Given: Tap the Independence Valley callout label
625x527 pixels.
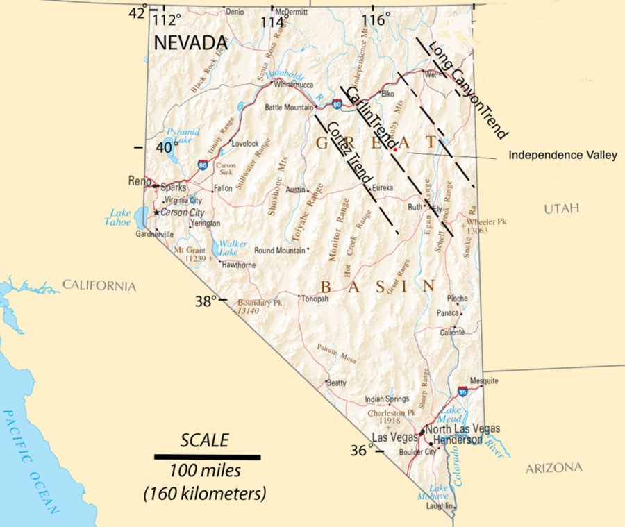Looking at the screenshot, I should tap(562, 156).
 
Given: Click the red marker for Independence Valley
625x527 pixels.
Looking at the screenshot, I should tap(394, 149).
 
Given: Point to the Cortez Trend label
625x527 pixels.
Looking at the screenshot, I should tap(346, 151).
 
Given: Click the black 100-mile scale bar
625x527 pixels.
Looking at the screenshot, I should tap(207, 457).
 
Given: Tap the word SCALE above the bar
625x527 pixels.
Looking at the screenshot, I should tap(204, 440).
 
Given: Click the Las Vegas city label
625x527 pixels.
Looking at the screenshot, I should tap(394, 437).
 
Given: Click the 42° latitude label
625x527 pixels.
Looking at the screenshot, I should tap(137, 12).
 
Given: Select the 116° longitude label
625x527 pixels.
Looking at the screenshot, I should tap(376, 19).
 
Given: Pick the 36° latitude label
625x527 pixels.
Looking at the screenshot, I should tap(358, 450).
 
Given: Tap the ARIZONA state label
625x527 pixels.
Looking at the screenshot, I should tap(553, 468).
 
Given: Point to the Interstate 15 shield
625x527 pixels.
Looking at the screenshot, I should tap(462, 392).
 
